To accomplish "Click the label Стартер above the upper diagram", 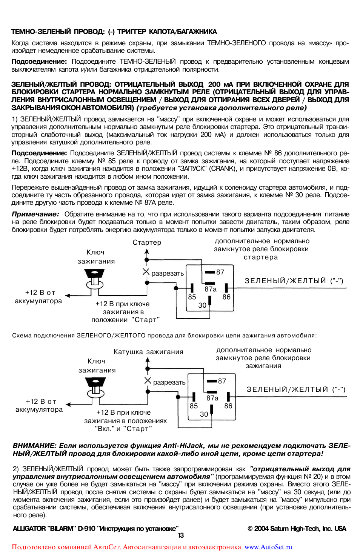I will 147,242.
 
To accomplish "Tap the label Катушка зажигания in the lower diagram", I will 148,352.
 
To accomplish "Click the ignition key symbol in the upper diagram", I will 94,279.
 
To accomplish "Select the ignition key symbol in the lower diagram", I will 95,388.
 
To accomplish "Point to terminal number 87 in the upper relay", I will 220,272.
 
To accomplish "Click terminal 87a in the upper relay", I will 211,289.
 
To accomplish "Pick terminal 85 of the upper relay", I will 192,297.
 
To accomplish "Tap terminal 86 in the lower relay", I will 228,406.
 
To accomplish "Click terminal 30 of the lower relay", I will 204,414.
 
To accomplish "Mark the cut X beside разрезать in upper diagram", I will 146,271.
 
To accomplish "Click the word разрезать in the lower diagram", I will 169,382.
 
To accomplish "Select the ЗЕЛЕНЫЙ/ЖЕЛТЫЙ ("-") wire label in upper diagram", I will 294,281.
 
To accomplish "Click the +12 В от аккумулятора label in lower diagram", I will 39,405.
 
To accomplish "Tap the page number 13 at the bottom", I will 181,535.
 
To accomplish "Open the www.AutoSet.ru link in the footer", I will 268,547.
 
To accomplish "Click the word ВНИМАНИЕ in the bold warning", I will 34,446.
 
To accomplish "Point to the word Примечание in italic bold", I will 35,214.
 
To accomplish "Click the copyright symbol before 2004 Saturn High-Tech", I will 250,529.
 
